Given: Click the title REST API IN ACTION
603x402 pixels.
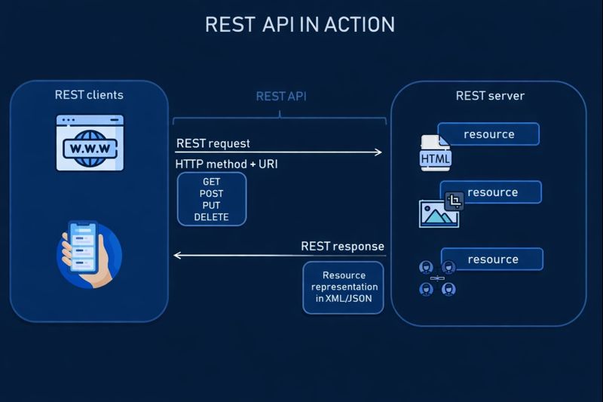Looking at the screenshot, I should pyautogui.click(x=300, y=24).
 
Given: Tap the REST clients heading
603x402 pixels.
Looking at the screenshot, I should pyautogui.click(x=89, y=95).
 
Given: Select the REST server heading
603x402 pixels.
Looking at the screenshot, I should pyautogui.click(x=490, y=96).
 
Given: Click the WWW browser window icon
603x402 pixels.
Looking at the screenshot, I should pyautogui.click(x=90, y=143).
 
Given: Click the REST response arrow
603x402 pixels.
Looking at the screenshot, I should pyautogui.click(x=279, y=255).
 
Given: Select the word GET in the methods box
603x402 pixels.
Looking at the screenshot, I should pyautogui.click(x=212, y=183).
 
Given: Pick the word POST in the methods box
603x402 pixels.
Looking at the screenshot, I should pyautogui.click(x=212, y=194).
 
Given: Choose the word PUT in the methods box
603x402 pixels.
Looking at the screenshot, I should pyautogui.click(x=212, y=205).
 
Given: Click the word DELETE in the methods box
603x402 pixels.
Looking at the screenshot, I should pyautogui.click(x=211, y=217).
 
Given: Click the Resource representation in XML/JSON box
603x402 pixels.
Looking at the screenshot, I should pyautogui.click(x=344, y=287).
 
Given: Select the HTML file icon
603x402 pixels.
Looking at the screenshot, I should pyautogui.click(x=435, y=153).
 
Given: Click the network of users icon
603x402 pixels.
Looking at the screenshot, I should pyautogui.click(x=438, y=278).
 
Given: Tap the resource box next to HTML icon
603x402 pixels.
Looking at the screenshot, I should pyautogui.click(x=488, y=134).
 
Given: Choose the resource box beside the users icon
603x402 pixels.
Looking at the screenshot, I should pyautogui.click(x=492, y=259).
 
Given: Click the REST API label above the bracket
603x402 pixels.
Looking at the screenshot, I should pyautogui.click(x=281, y=97).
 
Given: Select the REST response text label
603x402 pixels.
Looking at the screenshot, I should pyautogui.click(x=342, y=246).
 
